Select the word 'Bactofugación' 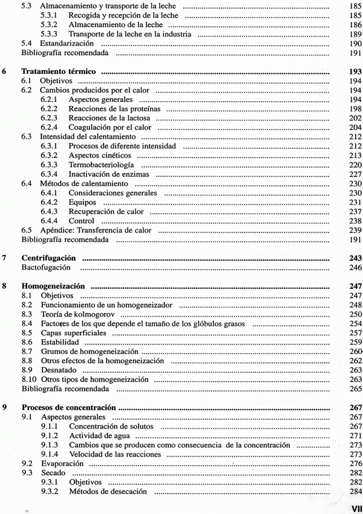pos(47,266)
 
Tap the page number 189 pos(355,35)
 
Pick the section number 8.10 pos(29,379)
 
